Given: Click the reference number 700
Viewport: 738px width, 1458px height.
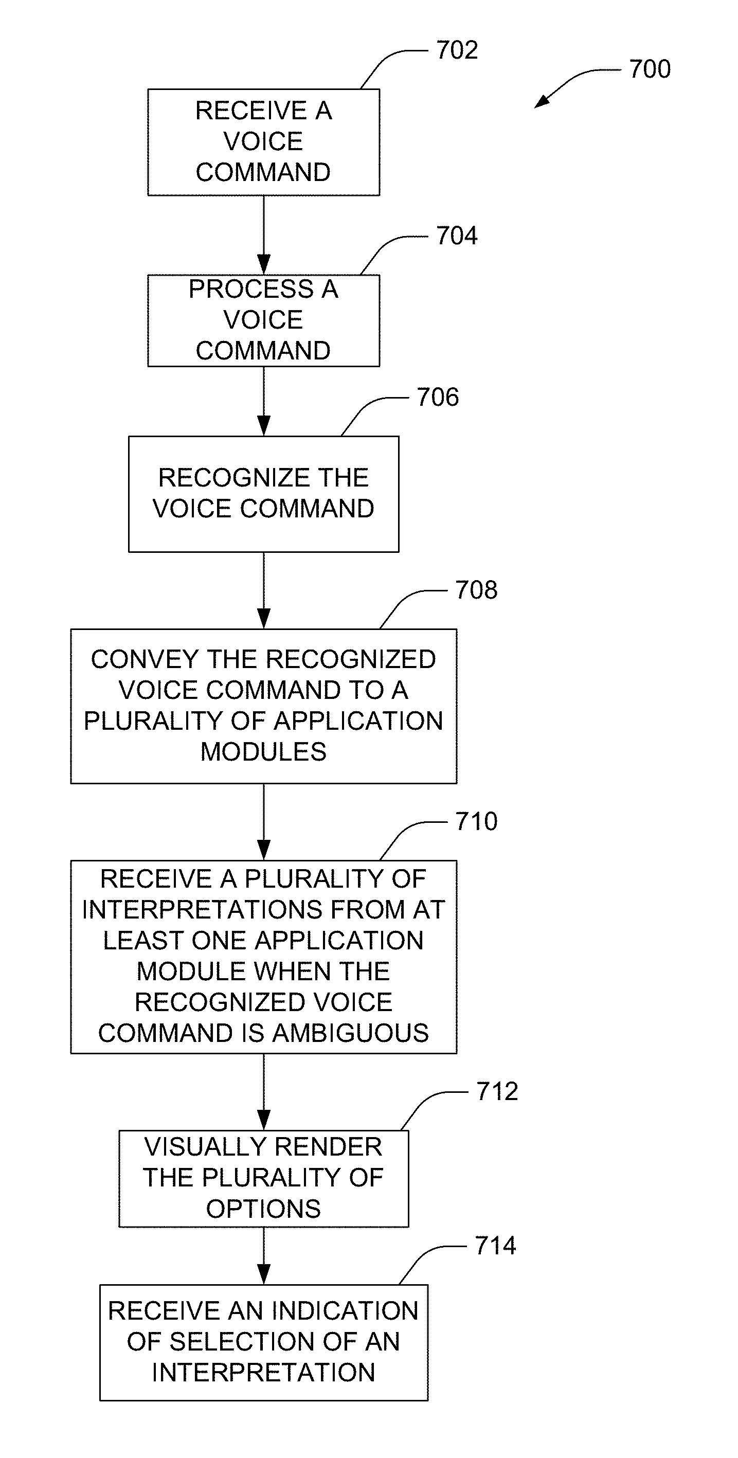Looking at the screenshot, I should pyautogui.click(x=650, y=69).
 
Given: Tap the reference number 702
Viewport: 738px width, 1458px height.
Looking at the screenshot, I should pyautogui.click(x=457, y=50).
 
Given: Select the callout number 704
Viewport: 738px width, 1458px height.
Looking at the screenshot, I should pyautogui.click(x=457, y=236).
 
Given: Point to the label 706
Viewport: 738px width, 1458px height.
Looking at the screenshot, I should pyautogui.click(x=438, y=398).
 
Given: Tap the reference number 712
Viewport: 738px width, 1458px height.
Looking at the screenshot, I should pyautogui.click(x=497, y=1092).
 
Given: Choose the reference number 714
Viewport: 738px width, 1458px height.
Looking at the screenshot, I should pyautogui.click(x=496, y=1246).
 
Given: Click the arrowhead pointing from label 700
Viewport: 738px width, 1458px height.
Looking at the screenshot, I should pyautogui.click(x=541, y=102).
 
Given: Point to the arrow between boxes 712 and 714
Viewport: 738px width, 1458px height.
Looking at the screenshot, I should pyautogui.click(x=264, y=1255).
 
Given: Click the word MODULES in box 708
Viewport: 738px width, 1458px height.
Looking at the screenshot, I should pyautogui.click(x=264, y=752).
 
